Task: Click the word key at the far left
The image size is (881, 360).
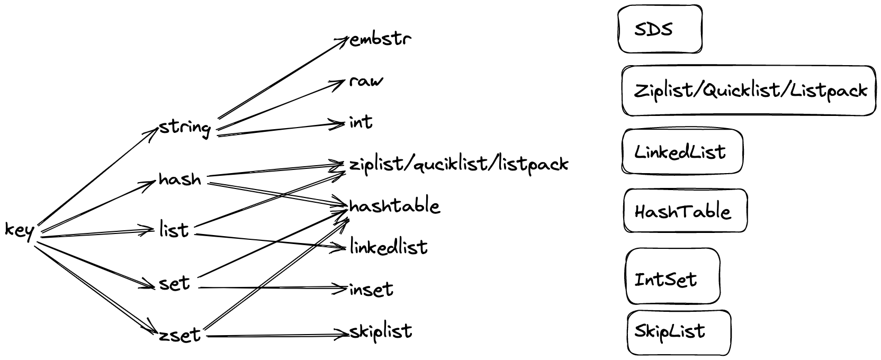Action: tap(19, 231)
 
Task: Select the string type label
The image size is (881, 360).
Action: tap(185, 128)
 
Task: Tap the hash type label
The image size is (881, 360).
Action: tap(180, 179)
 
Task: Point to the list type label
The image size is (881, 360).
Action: tap(174, 230)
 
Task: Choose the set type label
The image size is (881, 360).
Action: tap(174, 283)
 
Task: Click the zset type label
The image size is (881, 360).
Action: tap(179, 335)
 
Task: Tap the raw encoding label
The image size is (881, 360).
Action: tap(366, 82)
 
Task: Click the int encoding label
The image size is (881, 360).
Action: tap(361, 122)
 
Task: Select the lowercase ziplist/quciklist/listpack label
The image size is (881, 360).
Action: tap(459, 164)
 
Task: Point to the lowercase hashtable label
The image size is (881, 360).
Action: tap(394, 205)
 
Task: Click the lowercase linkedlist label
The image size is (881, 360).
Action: tap(389, 247)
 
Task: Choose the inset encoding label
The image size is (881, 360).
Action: tap(371, 289)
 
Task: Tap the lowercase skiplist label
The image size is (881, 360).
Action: tap(381, 331)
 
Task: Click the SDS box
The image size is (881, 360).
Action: tap(660, 29)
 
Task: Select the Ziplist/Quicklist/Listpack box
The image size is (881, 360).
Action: tap(749, 91)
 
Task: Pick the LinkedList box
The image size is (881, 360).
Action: tap(682, 151)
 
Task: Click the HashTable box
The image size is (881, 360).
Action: tap(685, 211)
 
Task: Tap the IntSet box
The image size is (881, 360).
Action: tap(672, 277)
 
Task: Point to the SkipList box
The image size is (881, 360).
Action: tap(679, 332)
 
